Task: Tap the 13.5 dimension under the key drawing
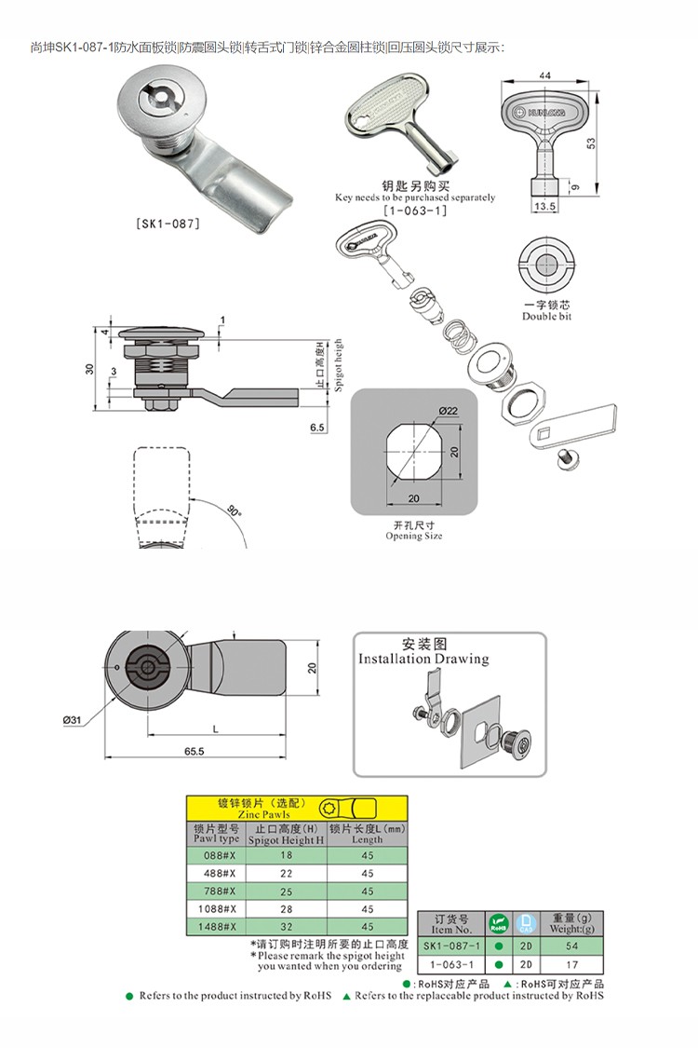click(544, 207)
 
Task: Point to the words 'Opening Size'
click(414, 536)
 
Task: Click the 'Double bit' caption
click(547, 317)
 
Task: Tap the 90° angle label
click(233, 511)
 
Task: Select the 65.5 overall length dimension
click(194, 751)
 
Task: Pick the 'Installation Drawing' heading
click(423, 659)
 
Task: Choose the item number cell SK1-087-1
click(452, 946)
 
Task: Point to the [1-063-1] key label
click(415, 211)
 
